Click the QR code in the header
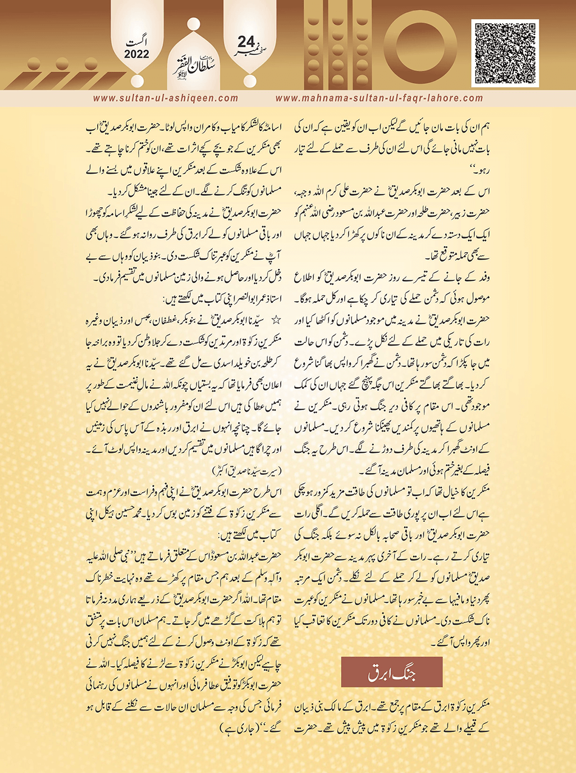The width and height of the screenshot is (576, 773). point(505,53)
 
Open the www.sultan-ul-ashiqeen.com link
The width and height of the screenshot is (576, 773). point(166,98)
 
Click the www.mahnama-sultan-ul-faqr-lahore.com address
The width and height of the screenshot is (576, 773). point(379,98)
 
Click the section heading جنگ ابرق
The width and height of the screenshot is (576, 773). point(392,672)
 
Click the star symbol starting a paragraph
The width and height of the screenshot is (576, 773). point(276,320)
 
